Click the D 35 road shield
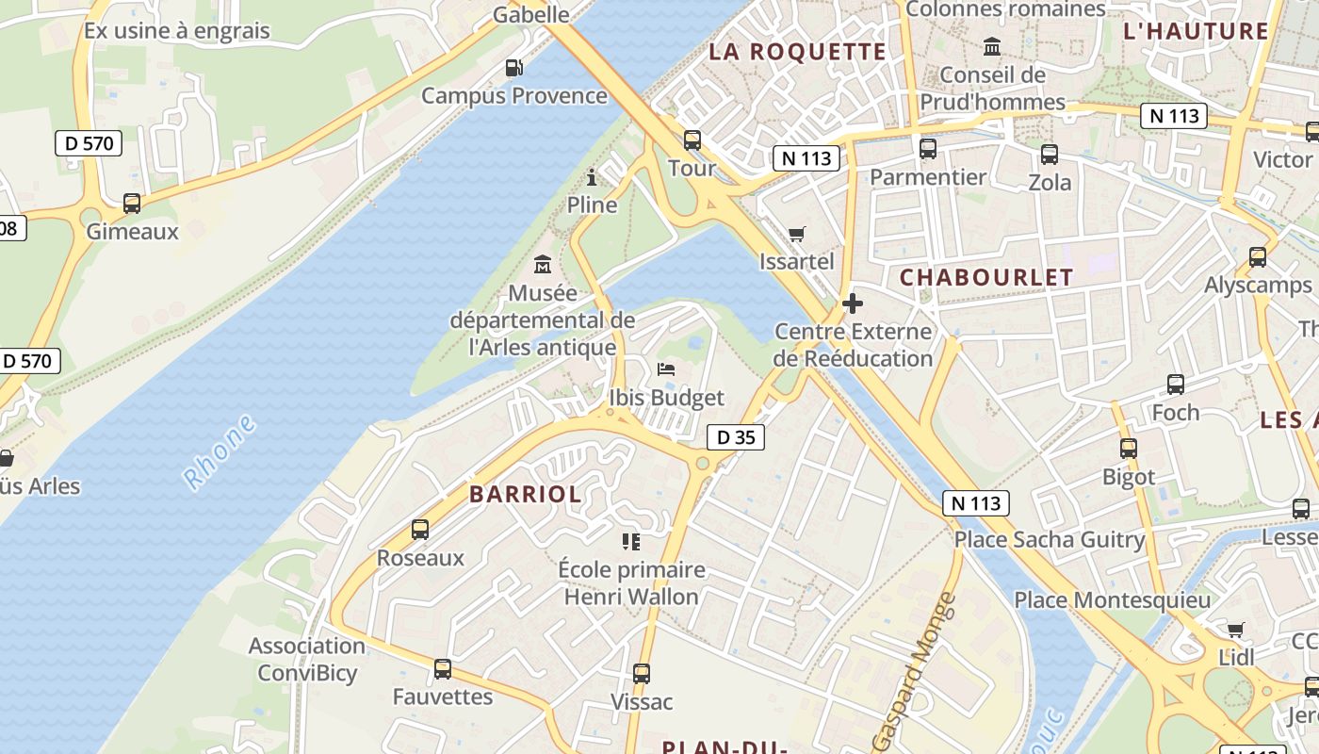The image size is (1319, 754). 736,437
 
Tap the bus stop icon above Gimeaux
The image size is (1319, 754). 132,203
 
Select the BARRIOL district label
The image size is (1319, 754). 526,494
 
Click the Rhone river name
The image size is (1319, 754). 220,452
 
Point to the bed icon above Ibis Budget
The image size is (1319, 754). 667,369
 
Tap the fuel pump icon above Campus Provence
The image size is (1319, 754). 513,67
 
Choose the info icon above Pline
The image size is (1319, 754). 592,176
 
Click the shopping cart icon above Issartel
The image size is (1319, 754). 797,234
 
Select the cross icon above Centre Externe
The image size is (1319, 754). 853,303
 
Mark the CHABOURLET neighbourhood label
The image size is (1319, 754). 986,277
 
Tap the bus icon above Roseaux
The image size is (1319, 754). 420,530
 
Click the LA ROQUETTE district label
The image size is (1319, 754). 797,52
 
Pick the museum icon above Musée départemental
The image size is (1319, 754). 543,265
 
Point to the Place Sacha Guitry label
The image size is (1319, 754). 1050,540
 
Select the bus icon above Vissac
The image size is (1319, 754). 642,674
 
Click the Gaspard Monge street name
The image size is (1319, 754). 914,671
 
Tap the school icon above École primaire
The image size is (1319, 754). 631,541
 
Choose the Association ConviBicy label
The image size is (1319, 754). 307,659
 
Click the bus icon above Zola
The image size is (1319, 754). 1050,155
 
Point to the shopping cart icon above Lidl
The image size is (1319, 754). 1236,630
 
